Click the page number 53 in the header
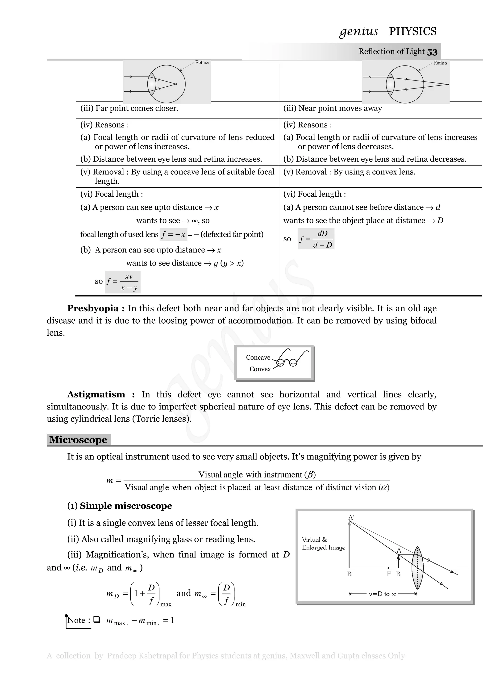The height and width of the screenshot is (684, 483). click(x=432, y=52)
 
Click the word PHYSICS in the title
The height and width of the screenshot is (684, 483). click(x=412, y=32)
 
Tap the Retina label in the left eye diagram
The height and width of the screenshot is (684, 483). click(x=202, y=63)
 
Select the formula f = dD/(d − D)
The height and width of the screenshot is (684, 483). click(x=316, y=239)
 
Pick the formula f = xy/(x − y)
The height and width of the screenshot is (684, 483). click(x=123, y=282)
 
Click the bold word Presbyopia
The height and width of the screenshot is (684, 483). click(x=92, y=308)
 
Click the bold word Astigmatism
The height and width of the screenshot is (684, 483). click(x=96, y=394)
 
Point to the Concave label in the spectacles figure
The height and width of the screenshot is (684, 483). click(x=258, y=358)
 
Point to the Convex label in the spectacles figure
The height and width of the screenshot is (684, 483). click(x=260, y=369)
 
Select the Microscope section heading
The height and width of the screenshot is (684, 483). click(x=78, y=440)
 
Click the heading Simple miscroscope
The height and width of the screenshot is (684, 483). click(x=126, y=506)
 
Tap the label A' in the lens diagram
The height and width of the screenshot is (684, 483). click(x=351, y=517)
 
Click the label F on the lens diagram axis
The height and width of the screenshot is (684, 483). click(x=389, y=574)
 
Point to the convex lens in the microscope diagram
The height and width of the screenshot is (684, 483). click(x=417, y=568)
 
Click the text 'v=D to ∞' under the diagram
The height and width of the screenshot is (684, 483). click(x=382, y=594)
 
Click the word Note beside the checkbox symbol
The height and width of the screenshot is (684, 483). click(x=76, y=620)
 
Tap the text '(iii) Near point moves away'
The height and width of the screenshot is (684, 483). click(x=332, y=108)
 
